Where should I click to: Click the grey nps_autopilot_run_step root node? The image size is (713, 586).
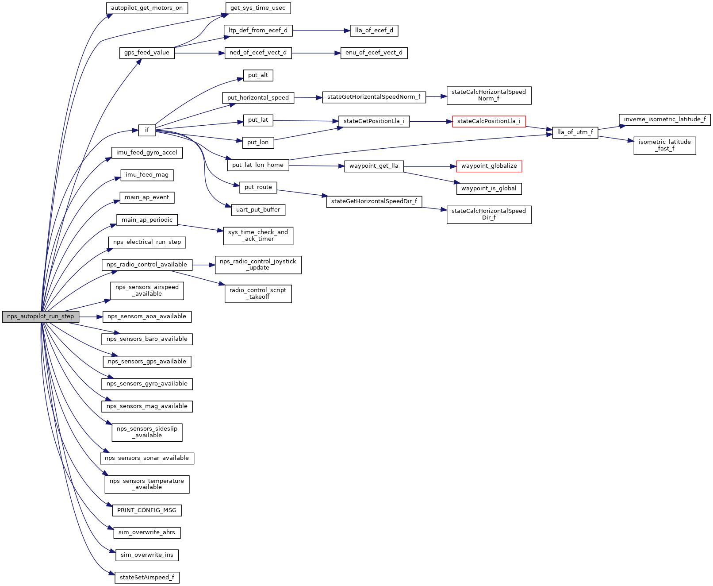(40, 316)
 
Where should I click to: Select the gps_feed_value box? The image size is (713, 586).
(147, 53)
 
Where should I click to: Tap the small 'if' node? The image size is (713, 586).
(147, 130)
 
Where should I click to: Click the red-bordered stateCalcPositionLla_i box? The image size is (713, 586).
(489, 121)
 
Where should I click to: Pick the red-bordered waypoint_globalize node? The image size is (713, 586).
(489, 166)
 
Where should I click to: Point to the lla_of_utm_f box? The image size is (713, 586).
(575, 132)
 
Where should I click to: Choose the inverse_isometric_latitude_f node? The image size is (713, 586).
(665, 120)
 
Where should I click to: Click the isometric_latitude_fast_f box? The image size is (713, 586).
(664, 145)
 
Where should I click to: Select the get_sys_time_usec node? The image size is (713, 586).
(258, 8)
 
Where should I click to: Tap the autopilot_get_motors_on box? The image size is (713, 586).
(147, 8)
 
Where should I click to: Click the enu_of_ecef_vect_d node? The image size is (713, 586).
(374, 53)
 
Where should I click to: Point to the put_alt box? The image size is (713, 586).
(258, 75)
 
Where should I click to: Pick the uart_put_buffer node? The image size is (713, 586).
(258, 210)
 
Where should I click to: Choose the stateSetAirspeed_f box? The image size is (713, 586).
(147, 578)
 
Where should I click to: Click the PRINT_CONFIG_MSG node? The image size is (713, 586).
(147, 510)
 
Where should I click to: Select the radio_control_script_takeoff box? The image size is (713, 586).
(258, 293)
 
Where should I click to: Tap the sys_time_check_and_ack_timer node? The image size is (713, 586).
(258, 235)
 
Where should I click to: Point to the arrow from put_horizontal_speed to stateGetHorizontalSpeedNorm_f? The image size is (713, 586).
(308, 97)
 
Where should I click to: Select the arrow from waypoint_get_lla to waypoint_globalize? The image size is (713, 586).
(429, 166)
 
